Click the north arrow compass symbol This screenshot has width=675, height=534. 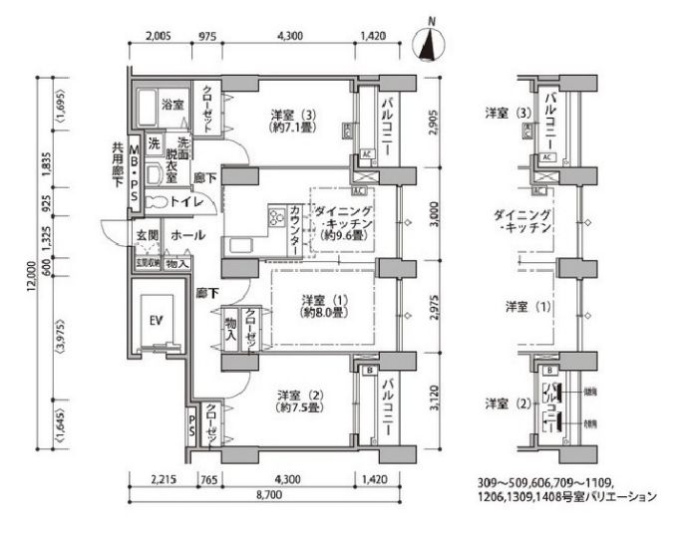[x=431, y=43]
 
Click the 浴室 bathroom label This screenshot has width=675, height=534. [x=172, y=104]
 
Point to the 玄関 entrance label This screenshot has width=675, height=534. [x=148, y=236]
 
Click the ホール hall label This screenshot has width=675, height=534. [x=188, y=236]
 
